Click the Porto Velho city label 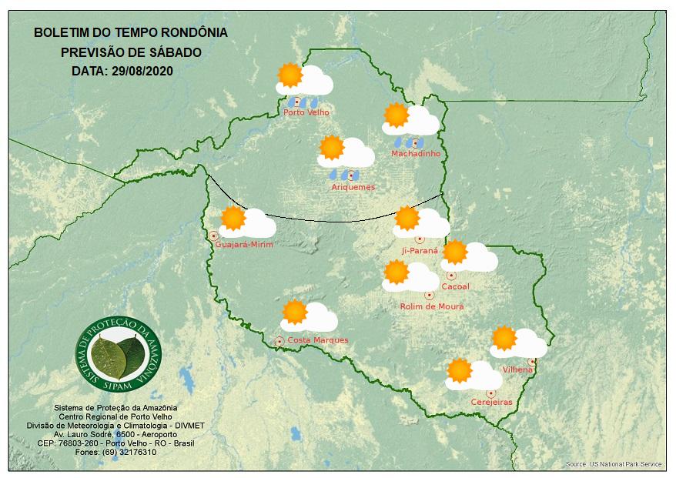pyautogui.click(x=306, y=112)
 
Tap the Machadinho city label pyautogui.click(x=416, y=154)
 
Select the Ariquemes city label pyautogui.click(x=353, y=187)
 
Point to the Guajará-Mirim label pyautogui.click(x=245, y=245)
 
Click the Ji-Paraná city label pyautogui.click(x=420, y=251)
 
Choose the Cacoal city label pyautogui.click(x=456, y=287)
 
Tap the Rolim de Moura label pyautogui.click(x=432, y=306)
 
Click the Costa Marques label pyautogui.click(x=318, y=340)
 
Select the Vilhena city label pyautogui.click(x=517, y=369)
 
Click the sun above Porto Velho pyautogui.click(x=290, y=75)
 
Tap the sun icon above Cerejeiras pyautogui.click(x=460, y=370)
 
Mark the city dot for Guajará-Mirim pyautogui.click(x=213, y=236)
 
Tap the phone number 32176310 pyautogui.click(x=135, y=452)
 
